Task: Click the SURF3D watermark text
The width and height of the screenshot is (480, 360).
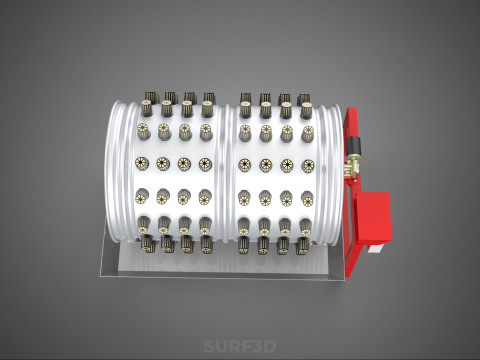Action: coord(239,347)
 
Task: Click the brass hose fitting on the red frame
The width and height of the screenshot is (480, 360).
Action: coord(352,162)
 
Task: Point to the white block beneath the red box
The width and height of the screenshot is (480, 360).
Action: coord(375,249)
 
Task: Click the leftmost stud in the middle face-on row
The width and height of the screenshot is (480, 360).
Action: coord(143,162)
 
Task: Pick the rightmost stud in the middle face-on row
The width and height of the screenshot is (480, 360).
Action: coord(307,163)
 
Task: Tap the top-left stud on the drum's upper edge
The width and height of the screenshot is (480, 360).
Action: coord(149,102)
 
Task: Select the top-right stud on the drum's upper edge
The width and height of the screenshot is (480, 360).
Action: coord(305,104)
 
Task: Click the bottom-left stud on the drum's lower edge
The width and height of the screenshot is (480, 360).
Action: coord(146,240)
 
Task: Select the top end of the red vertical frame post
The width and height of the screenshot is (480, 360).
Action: coord(352,112)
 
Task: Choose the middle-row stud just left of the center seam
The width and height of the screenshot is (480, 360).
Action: coord(205,163)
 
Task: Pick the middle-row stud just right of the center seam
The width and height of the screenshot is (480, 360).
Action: coord(245,163)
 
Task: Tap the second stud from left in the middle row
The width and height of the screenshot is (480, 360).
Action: coord(163,162)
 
